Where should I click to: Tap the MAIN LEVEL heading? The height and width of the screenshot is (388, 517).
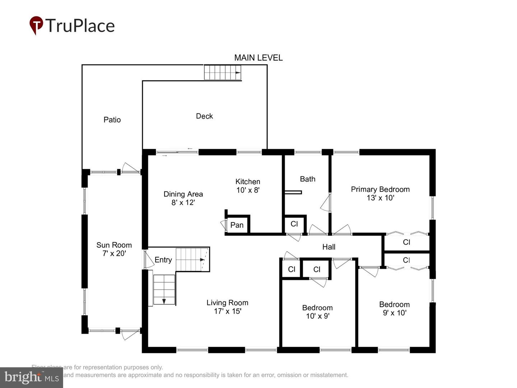point(258,57)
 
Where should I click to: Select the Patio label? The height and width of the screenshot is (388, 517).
point(112,120)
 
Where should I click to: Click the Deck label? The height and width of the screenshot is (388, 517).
point(204,116)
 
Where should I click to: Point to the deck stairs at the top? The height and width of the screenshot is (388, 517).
point(223,72)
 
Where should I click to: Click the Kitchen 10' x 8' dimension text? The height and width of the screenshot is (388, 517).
point(248,190)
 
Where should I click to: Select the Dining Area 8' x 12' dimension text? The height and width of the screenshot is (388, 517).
point(183,202)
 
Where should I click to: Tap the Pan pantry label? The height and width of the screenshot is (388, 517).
point(237,225)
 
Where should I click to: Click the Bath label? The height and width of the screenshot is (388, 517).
point(308,179)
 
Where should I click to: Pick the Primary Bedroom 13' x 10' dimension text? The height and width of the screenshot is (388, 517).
point(380,198)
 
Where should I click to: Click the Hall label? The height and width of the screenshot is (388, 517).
point(329,247)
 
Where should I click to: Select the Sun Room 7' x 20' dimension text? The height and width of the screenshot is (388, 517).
point(114,253)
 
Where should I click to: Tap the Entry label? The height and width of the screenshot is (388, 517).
point(163,260)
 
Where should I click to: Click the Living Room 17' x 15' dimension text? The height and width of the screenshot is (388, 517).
point(227,311)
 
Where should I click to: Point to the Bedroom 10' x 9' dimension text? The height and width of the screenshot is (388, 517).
point(317,316)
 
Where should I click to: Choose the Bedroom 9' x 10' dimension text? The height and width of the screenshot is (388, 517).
point(394,313)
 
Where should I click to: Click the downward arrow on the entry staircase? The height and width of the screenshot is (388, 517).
point(164,301)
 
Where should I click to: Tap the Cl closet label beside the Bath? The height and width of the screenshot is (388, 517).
point(294,224)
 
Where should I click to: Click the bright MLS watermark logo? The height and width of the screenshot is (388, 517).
point(32,377)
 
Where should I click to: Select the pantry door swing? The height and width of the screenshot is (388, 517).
point(223,225)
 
